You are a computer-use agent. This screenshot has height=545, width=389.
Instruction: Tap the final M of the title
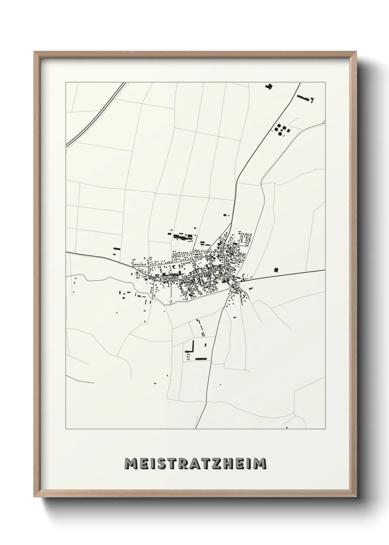260,463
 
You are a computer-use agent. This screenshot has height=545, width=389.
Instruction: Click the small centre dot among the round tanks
281,130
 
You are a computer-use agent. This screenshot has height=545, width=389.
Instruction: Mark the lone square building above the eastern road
276,269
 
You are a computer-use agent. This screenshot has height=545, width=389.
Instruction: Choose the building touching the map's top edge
269,87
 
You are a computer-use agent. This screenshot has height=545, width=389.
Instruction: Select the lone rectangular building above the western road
117,249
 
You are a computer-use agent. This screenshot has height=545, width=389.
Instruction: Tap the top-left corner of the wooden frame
35,53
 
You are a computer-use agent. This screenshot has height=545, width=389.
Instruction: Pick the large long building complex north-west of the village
183,236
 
